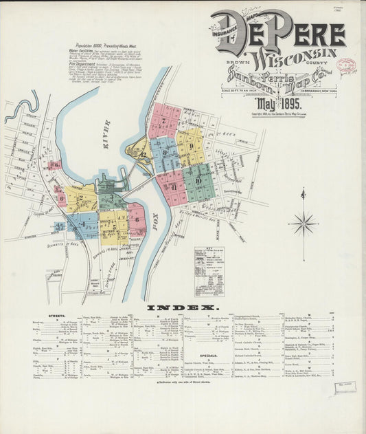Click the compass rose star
(303, 223)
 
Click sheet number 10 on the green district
(198, 181)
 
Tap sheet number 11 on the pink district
(174, 186)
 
